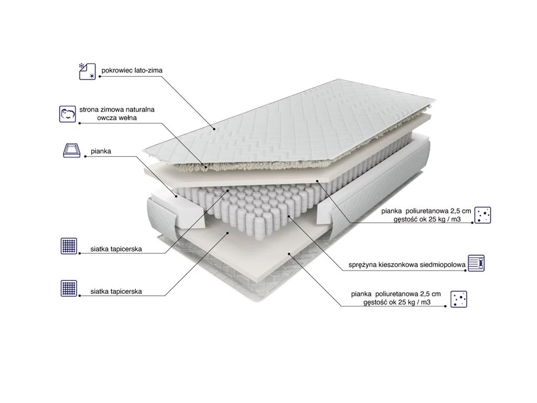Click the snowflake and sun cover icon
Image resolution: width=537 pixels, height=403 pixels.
pos(88,71)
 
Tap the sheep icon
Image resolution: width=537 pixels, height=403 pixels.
pos(68,114)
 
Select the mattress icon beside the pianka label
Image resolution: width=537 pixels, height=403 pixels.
pos(72,151)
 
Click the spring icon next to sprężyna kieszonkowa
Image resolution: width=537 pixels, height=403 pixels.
pos(476,263)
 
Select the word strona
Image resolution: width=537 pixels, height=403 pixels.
pos(89,110)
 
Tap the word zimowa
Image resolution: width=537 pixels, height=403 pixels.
pos(111,110)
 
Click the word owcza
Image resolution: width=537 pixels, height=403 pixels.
pos(106,118)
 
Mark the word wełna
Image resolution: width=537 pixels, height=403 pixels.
pos(127,118)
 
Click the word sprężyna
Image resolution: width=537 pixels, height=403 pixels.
pos(363,265)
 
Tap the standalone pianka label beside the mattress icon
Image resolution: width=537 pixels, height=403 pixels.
pos(101,151)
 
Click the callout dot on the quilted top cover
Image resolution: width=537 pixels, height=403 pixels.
pos(214,129)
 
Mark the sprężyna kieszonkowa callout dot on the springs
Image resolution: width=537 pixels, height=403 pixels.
pos(289,217)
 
